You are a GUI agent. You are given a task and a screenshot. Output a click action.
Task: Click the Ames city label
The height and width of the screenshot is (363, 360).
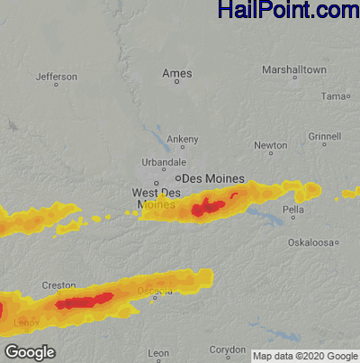(x=176, y=72)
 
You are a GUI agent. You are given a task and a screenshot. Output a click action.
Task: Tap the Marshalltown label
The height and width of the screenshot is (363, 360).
(x=293, y=69)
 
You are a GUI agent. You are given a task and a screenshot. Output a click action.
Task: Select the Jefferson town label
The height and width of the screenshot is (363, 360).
(x=56, y=77)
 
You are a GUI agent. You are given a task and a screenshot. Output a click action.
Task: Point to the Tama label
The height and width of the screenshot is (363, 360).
(x=334, y=95)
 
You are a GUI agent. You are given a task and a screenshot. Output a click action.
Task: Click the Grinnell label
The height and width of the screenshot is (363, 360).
(x=324, y=136)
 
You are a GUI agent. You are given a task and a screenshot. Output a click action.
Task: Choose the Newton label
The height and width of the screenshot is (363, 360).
(x=270, y=145)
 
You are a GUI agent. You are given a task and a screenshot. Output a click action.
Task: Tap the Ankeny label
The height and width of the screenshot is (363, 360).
(x=182, y=139)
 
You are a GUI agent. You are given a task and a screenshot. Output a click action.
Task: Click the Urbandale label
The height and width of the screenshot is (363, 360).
(x=163, y=161)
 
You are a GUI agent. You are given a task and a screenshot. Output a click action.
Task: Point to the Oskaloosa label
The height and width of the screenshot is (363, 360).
(x=310, y=242)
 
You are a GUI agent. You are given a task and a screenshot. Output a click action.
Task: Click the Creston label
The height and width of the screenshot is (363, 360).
(x=58, y=285)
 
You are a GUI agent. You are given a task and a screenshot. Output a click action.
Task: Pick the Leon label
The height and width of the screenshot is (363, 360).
(x=158, y=352)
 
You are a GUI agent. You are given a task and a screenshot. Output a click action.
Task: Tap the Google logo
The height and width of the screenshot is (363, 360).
(x=30, y=351)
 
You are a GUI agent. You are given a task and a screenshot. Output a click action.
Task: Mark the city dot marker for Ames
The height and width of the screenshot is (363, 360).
(x=176, y=82)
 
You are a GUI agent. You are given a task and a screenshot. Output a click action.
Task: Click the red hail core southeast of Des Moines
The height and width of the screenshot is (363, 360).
(x=208, y=208)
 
